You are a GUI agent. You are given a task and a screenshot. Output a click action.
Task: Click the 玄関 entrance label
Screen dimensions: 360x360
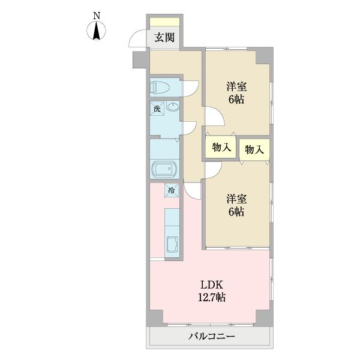164,37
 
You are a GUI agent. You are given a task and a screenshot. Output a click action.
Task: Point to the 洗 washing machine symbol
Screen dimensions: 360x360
157,109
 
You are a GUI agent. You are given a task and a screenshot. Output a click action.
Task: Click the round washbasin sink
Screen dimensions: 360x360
172,109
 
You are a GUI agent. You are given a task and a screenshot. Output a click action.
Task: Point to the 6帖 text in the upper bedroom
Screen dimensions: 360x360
236,100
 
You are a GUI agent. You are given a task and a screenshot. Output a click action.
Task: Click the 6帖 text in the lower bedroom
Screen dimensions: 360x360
236,212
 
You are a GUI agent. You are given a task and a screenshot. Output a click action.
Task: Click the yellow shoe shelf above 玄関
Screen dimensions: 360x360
164,22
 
